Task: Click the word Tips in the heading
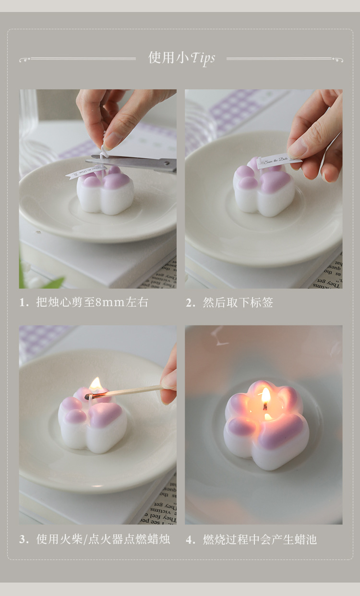click(x=203, y=59)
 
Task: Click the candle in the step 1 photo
click(x=105, y=192)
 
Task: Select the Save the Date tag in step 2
click(x=278, y=161)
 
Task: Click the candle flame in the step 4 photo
click(x=265, y=396)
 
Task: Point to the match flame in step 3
click(x=96, y=384)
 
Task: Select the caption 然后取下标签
click(x=238, y=302)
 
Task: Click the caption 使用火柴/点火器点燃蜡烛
click(x=103, y=539)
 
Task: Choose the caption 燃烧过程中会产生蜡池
click(x=260, y=539)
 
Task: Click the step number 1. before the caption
click(x=24, y=303)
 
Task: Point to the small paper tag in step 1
click(x=84, y=171)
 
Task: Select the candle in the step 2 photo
click(x=264, y=190)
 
